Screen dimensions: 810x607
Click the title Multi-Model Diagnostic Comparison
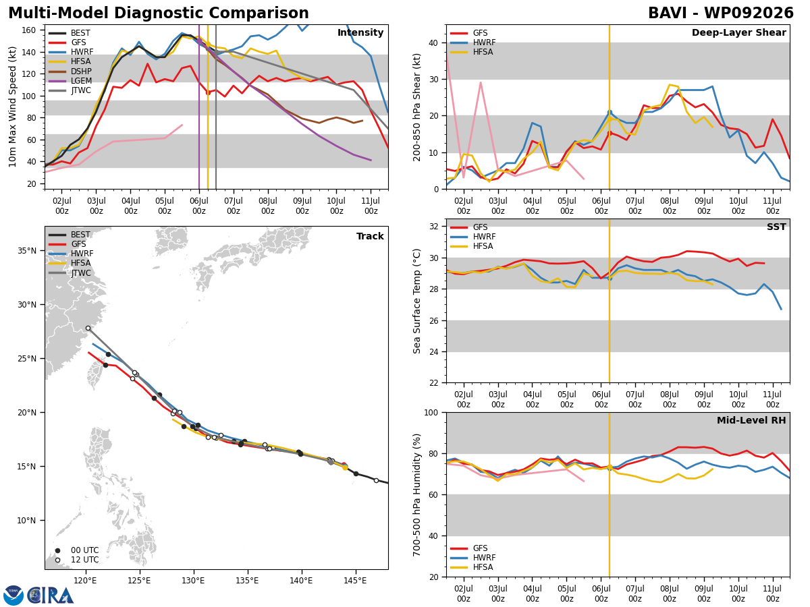(159, 13)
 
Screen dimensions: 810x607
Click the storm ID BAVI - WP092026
(721, 13)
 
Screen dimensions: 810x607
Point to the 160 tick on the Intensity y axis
(29, 30)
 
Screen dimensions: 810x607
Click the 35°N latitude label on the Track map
(27, 251)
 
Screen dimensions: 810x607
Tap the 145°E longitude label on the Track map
(355, 581)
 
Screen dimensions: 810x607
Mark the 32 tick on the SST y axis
(434, 227)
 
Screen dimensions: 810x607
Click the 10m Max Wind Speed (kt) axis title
(12, 107)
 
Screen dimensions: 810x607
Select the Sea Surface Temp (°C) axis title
(416, 301)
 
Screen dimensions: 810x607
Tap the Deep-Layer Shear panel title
(738, 32)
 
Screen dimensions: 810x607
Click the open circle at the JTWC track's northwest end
(88, 328)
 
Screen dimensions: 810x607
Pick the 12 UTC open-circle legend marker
(57, 560)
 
